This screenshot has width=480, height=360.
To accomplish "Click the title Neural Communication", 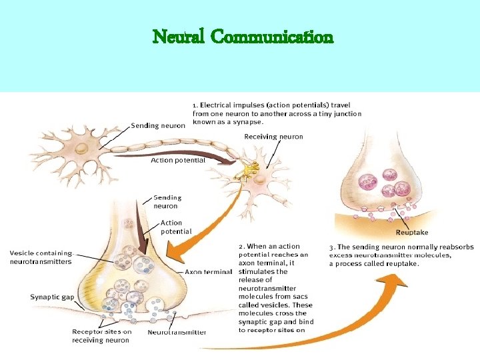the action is click(243, 37).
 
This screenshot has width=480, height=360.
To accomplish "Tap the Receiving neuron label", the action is click(273, 137).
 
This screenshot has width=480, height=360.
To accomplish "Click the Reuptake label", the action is click(412, 233).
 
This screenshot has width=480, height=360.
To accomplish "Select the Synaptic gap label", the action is click(52, 297).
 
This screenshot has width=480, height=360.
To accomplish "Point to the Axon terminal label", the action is click(209, 272).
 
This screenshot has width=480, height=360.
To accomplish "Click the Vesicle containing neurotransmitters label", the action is click(41, 257).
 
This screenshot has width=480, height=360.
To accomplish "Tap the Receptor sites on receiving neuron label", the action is click(101, 336).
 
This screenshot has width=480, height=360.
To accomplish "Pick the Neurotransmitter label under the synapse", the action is click(177, 333).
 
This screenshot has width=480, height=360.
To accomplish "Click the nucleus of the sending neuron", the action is click(82, 149).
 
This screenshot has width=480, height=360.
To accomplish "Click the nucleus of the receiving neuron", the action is click(259, 179).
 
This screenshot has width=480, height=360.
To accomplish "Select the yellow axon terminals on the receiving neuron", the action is click(247, 171).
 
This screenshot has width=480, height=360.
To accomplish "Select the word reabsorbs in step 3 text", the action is click(457, 247).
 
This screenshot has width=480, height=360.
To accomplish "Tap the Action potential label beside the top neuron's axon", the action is click(178, 161).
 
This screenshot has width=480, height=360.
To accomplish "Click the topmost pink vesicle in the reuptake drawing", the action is click(390, 175).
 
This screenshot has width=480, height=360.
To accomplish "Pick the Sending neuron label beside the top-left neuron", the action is click(158, 126).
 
